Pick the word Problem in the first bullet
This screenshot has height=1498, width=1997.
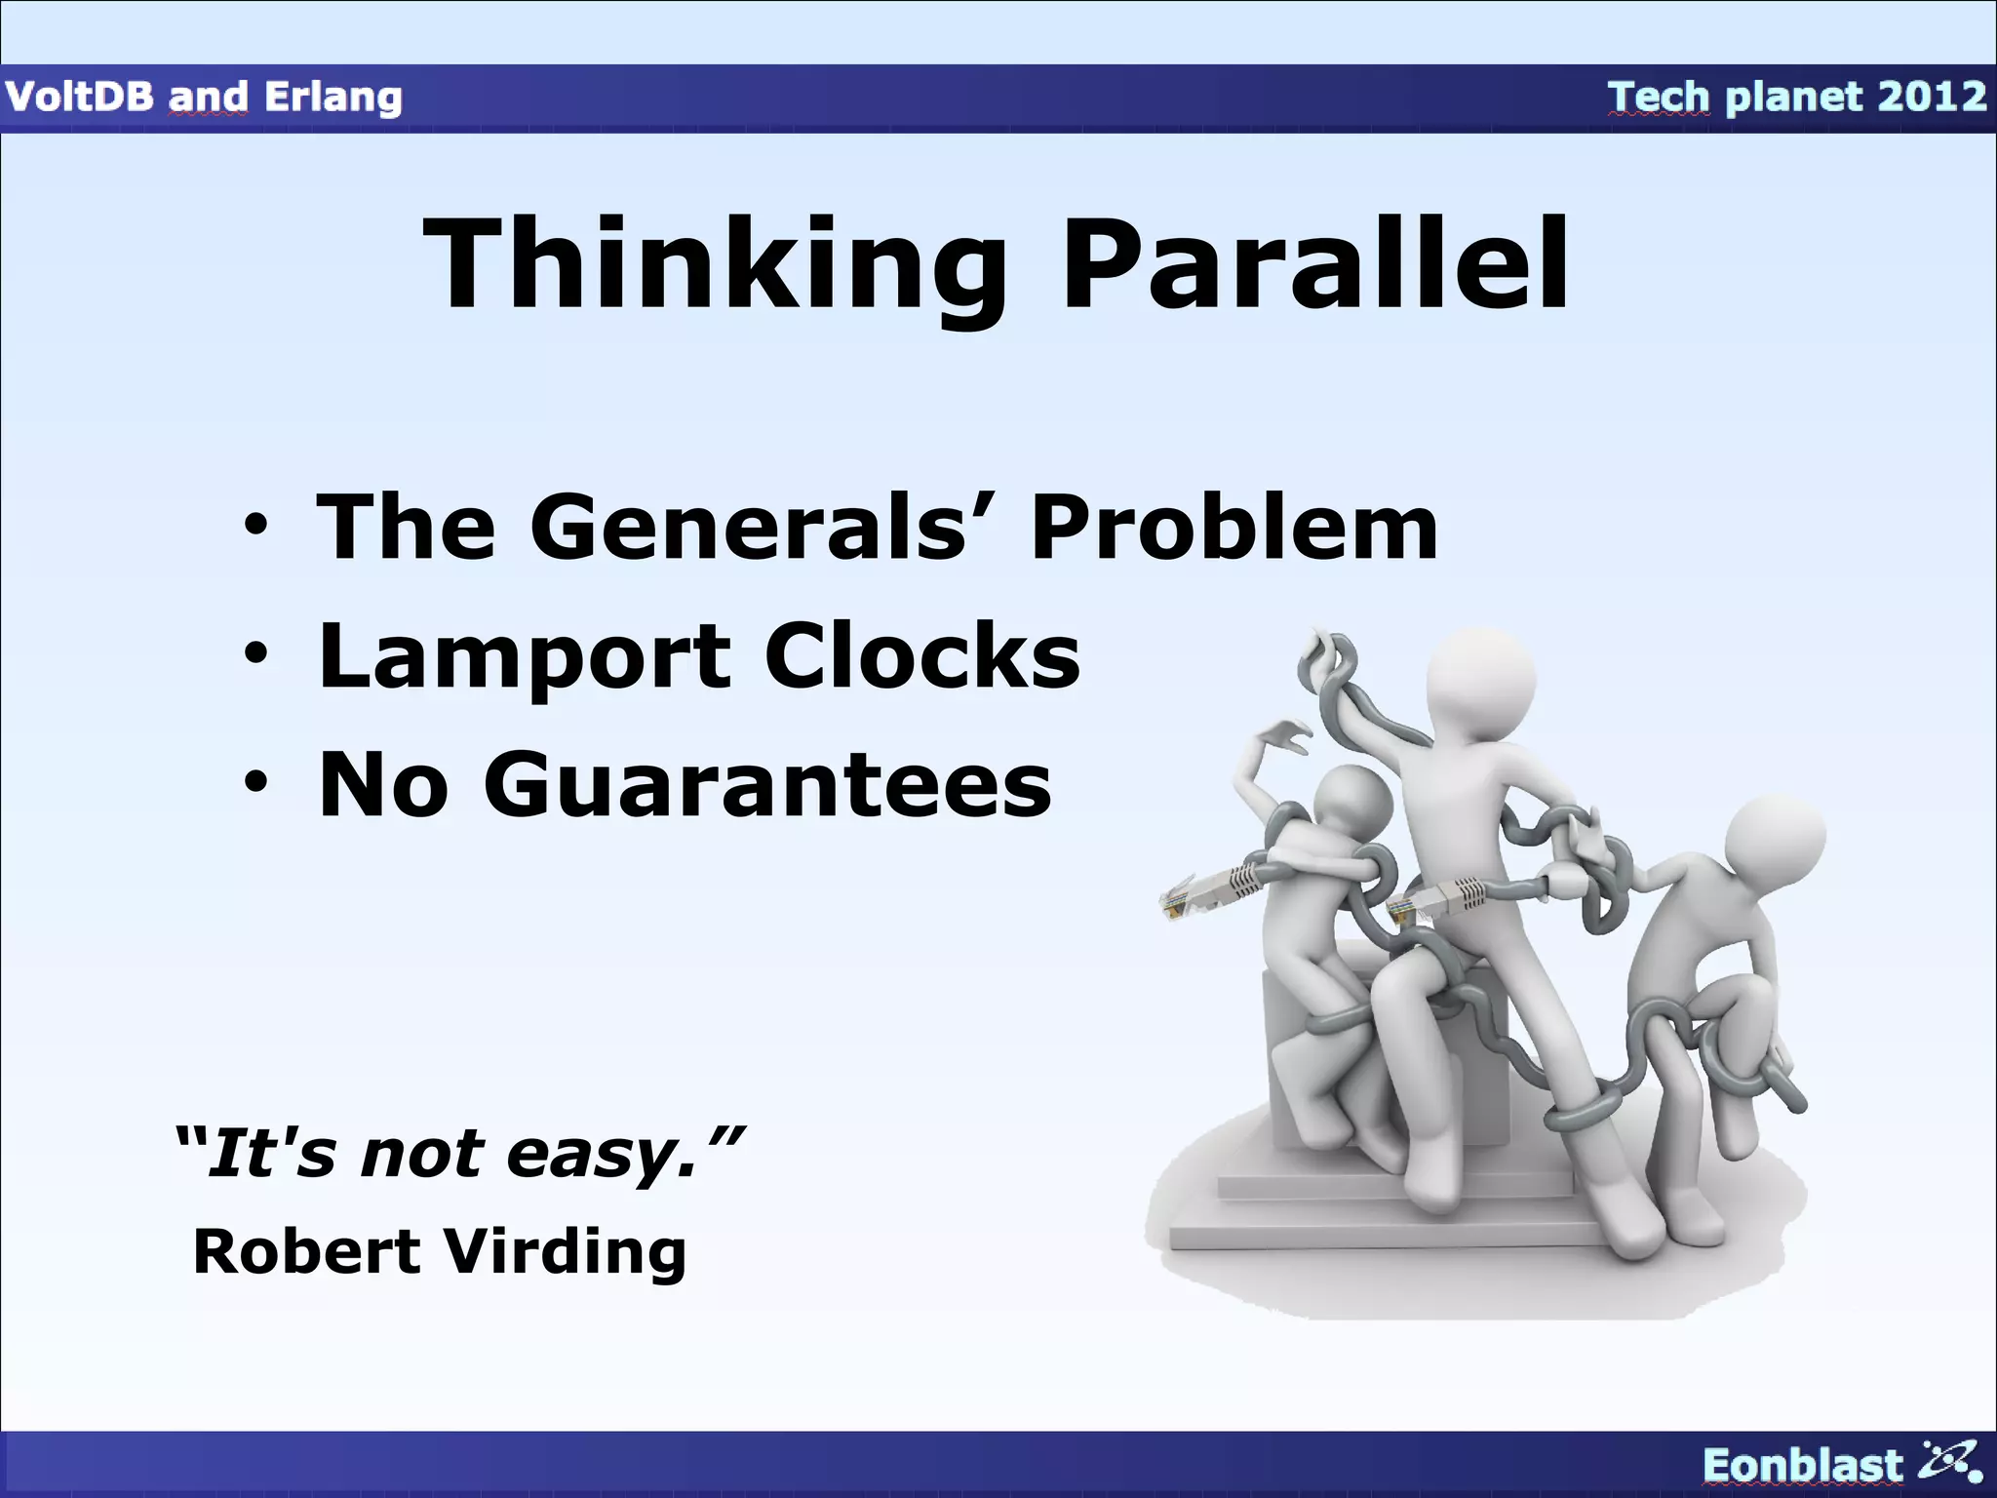(x=1233, y=528)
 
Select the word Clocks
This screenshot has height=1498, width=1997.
(x=921, y=655)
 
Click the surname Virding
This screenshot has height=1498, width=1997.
(x=566, y=1251)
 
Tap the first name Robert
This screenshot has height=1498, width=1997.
(x=306, y=1251)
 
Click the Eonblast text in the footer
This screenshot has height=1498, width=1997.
(x=1802, y=1466)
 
